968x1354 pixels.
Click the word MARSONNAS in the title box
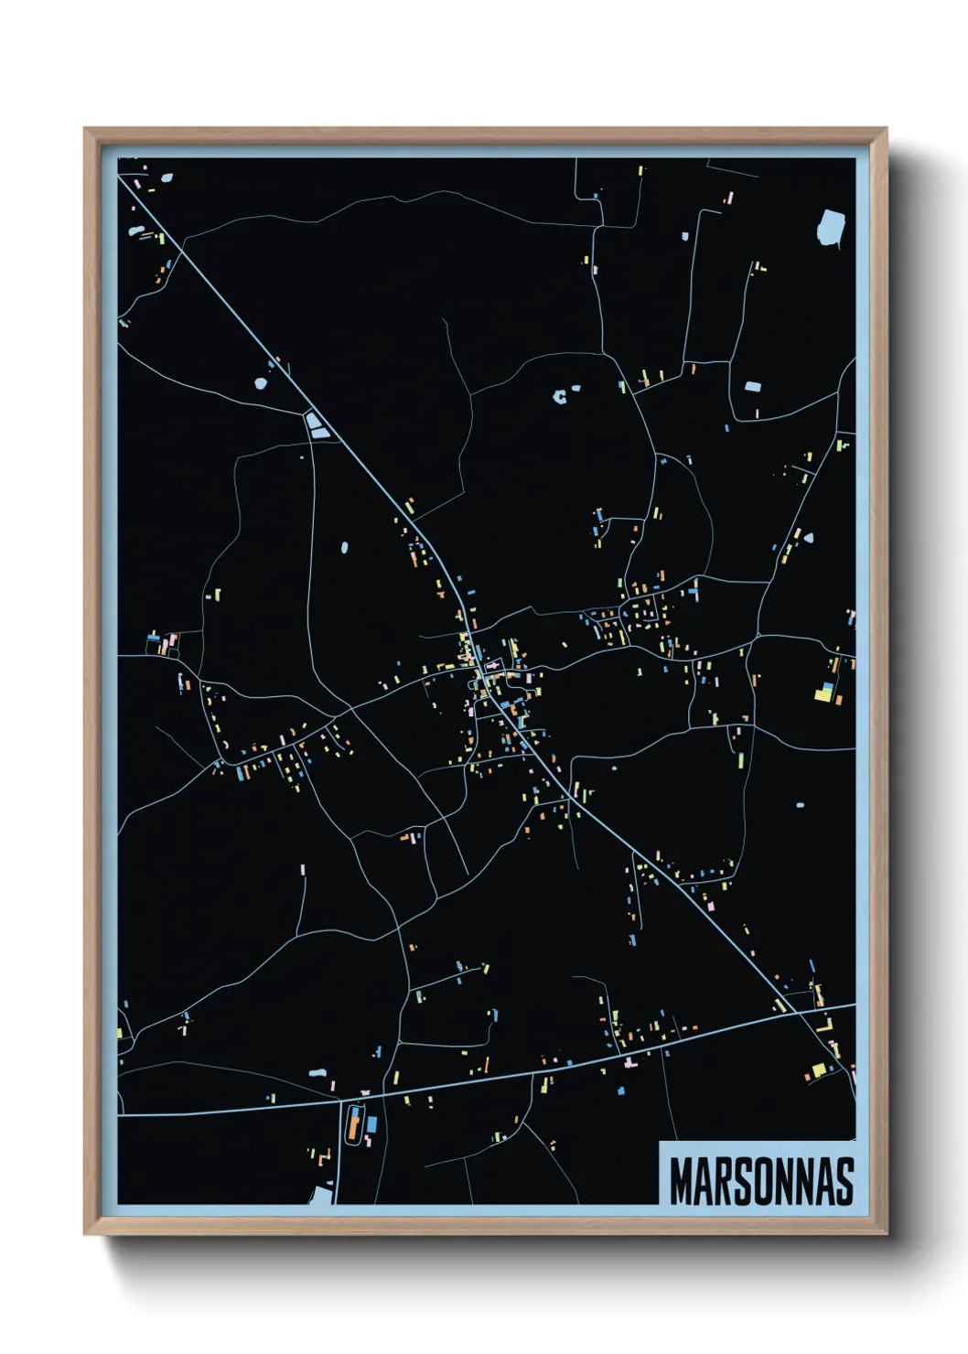click(x=761, y=1181)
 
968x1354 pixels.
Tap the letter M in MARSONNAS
click(x=681, y=1181)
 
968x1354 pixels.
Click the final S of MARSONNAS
click(x=844, y=1181)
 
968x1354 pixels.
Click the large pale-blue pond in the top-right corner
click(x=831, y=227)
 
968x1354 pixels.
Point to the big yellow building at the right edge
click(x=823, y=695)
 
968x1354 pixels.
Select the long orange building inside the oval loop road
click(x=353, y=1124)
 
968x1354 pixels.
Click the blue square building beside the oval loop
click(x=371, y=1123)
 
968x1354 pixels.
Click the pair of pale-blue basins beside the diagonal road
click(x=317, y=425)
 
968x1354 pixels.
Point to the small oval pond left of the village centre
click(x=344, y=548)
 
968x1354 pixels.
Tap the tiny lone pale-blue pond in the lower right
click(x=800, y=806)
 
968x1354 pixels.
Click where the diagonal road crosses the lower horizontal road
click(x=798, y=1012)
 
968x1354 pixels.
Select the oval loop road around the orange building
click(x=345, y=1124)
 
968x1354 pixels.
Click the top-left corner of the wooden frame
click(x=86, y=130)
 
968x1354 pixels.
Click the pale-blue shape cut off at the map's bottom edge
click(x=321, y=1194)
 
